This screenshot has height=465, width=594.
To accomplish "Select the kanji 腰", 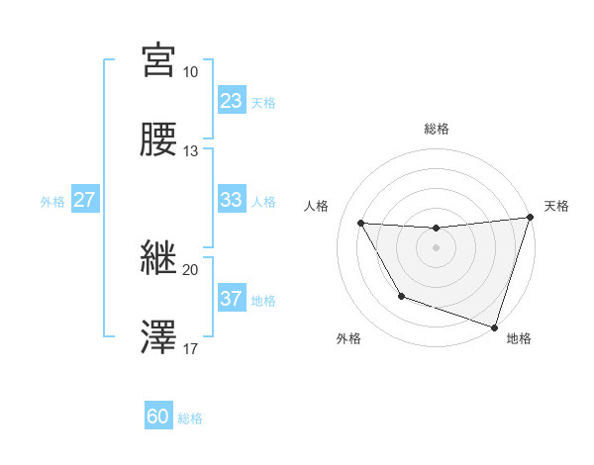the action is (x=158, y=139).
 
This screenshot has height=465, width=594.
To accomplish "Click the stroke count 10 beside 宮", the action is (x=191, y=72).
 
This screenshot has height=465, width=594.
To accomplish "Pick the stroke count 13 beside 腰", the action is (x=191, y=151).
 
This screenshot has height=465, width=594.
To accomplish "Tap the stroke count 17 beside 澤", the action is (x=191, y=349).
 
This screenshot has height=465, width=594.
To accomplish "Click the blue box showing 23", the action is (x=231, y=100).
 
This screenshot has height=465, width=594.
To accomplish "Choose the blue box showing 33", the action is (x=231, y=200).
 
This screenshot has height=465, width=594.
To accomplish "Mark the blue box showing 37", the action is (x=231, y=299).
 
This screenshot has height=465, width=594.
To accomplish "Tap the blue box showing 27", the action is (x=84, y=200).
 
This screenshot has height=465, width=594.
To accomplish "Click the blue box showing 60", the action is (x=158, y=417).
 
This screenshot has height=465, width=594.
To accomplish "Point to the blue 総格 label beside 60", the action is (x=190, y=418).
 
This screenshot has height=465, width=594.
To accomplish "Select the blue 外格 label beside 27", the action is (x=52, y=202).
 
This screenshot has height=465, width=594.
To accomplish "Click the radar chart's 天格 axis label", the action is (x=556, y=206).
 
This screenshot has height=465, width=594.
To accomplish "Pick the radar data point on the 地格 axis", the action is (x=494, y=326).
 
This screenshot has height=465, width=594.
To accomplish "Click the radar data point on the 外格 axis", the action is (x=401, y=296).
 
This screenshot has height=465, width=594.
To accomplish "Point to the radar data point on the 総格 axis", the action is (x=436, y=229).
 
